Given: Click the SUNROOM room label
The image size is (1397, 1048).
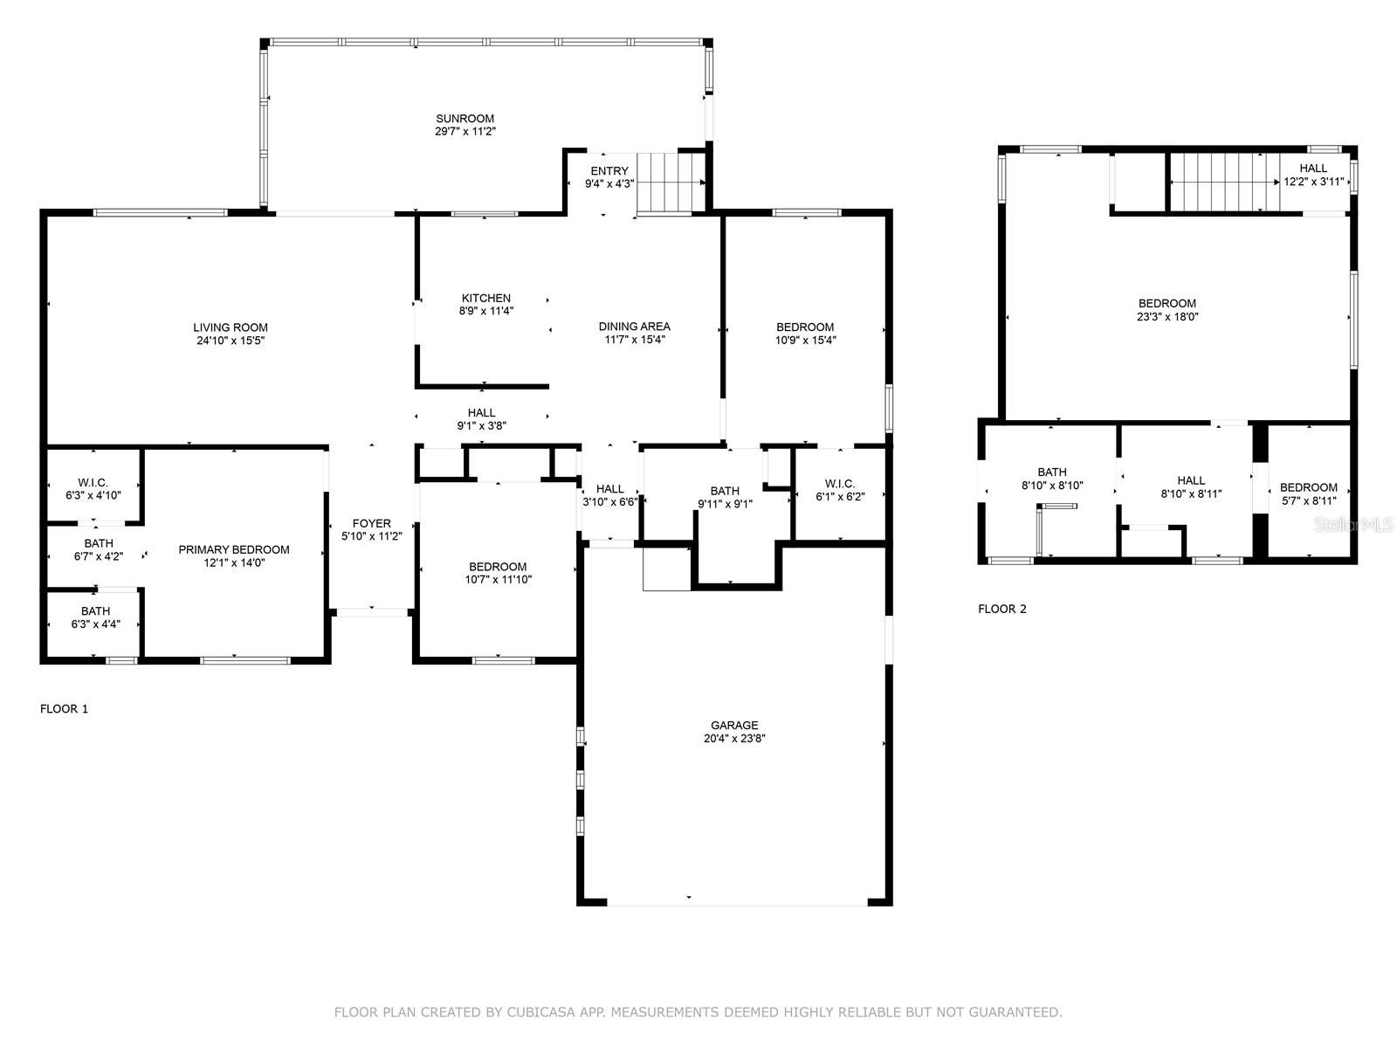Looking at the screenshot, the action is point(465,119).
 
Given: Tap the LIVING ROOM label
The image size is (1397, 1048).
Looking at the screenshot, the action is point(231,327).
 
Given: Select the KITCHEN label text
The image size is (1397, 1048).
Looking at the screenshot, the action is point(486,298).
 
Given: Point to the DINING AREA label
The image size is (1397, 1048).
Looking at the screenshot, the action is point(635,327).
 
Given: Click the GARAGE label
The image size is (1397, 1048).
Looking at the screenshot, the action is point(734,726).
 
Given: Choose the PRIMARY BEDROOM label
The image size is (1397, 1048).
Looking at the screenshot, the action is point(234,550).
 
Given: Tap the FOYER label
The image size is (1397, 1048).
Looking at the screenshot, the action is point(372,523).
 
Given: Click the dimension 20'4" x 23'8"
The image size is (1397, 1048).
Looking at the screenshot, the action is point(734,739).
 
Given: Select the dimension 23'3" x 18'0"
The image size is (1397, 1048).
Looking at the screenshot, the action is point(1167,316).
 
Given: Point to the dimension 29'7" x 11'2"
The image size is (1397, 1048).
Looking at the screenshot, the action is point(465,132).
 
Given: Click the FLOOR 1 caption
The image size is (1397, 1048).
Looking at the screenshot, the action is point(65,709).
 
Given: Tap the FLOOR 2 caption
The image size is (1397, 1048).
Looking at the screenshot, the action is point(1002,609).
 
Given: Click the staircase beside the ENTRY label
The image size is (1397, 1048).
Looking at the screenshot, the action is point(671,183).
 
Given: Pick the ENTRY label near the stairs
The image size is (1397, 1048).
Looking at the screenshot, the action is point(609,171).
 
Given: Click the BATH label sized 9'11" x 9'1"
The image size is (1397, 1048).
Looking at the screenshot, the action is point(725,491).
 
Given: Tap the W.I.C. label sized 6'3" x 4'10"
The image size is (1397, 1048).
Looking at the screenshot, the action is point(93,482).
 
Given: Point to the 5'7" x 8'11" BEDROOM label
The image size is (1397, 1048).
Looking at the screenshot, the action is point(1309,487).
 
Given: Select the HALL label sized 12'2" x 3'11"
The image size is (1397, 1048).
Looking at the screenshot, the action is point(1313,168).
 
